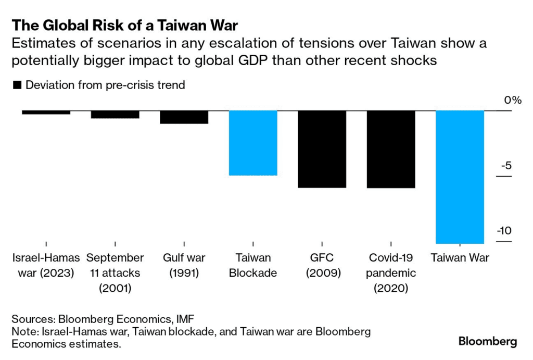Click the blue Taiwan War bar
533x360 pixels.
pyautogui.click(x=460, y=177)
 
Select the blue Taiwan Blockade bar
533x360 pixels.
pyautogui.click(x=253, y=143)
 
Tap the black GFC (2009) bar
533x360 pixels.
pyautogui.click(x=322, y=149)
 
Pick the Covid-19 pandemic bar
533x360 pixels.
pyautogui.click(x=391, y=150)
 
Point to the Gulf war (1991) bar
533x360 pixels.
pyautogui.click(x=184, y=117)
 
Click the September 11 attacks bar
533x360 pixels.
pyautogui.click(x=115, y=115)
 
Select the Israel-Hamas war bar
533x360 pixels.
pyautogui.click(x=46, y=113)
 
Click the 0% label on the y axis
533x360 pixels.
pyautogui.click(x=513, y=101)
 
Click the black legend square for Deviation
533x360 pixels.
pyautogui.click(x=17, y=85)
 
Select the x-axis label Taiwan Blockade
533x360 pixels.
pyautogui.click(x=253, y=265)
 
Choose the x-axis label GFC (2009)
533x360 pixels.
pyautogui.click(x=322, y=265)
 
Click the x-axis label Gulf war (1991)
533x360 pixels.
pyautogui.click(x=184, y=265)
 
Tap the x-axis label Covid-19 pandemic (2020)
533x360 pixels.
pyautogui.click(x=391, y=272)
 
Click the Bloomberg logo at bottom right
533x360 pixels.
pyautogui.click(x=487, y=342)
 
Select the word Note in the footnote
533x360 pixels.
pyautogui.click(x=25, y=331)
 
